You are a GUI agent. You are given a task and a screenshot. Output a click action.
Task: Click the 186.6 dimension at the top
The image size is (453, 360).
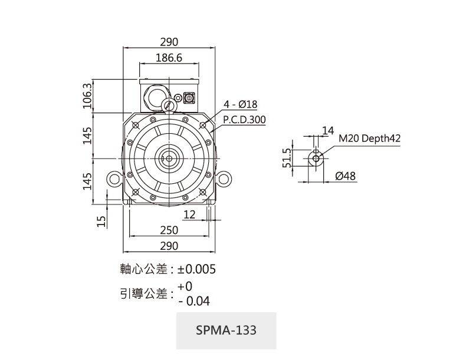(169, 58)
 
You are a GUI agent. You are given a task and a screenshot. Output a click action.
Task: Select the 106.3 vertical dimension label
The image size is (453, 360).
(88, 96)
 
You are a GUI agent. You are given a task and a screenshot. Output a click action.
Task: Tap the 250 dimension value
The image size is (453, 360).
(169, 230)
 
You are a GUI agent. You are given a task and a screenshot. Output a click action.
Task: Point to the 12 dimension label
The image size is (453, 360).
(189, 214)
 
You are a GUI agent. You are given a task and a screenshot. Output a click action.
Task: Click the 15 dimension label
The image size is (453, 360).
(101, 220)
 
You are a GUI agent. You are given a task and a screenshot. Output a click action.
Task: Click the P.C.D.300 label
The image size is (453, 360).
(244, 120)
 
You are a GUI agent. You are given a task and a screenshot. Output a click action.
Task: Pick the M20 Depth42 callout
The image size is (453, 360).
(369, 138)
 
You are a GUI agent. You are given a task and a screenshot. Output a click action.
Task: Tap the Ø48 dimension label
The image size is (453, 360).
(345, 176)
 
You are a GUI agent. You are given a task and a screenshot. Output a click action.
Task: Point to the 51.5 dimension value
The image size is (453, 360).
(287, 158)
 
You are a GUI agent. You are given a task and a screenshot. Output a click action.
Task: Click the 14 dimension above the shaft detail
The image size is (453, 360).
(328, 130)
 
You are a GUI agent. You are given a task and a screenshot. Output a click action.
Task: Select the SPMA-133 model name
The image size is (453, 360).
(226, 330)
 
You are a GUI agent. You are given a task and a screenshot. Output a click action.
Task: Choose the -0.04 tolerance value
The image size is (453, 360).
(193, 301)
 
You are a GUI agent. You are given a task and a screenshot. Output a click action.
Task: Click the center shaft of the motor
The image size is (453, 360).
(169, 158)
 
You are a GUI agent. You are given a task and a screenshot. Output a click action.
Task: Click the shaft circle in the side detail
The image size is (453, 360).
(316, 158)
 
